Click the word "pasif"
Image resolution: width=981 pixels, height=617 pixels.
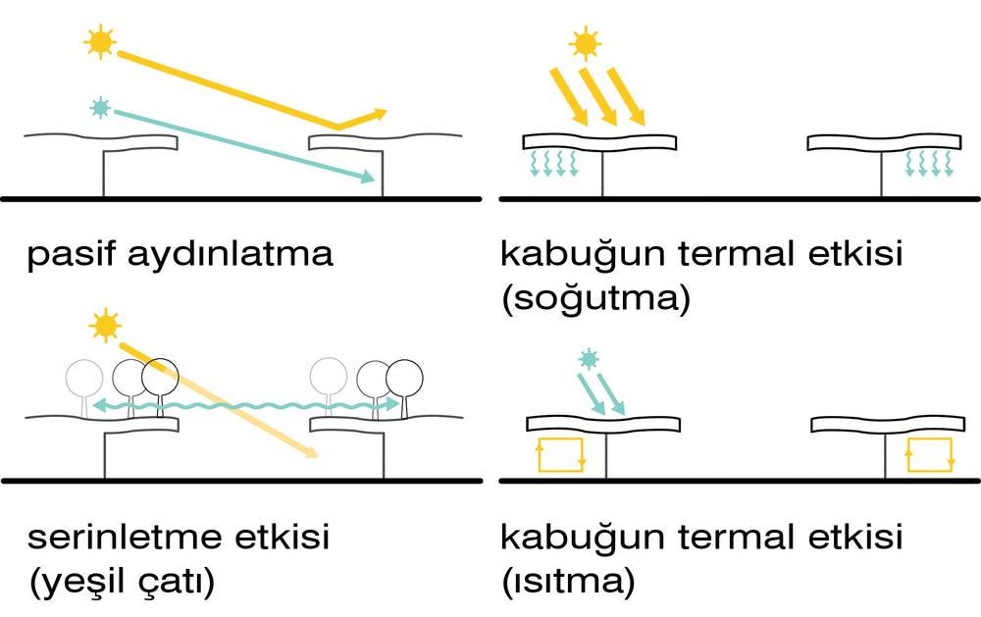pos(72,256)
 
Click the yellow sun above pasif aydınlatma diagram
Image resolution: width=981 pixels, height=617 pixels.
pos(99,42)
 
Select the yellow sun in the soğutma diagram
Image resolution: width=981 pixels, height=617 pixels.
pos(585,43)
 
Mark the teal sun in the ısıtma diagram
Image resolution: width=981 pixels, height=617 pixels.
pos(588,359)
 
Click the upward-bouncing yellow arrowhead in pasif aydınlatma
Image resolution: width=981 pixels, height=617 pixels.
pos(380,114)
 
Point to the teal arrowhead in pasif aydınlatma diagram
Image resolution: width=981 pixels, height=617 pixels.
pos(369,178)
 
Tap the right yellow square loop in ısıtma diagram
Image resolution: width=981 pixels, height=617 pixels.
pos(929,455)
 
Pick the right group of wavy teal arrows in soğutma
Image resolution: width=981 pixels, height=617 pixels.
pos(929,163)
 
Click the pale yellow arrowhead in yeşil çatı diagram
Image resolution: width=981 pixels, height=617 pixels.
pos(311,453)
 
